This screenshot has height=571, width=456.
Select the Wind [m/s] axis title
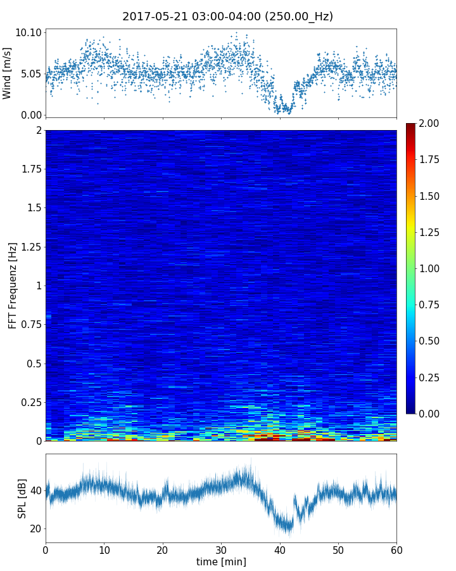(x=8, y=74)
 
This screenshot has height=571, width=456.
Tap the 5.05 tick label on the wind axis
(x=30, y=74)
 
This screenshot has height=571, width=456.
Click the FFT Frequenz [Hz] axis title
(x=13, y=285)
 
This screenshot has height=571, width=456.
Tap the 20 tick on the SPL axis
(x=35, y=528)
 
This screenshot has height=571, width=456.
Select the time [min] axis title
(x=221, y=561)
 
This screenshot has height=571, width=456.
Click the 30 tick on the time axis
(x=221, y=549)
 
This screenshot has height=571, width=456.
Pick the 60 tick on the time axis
(x=396, y=549)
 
